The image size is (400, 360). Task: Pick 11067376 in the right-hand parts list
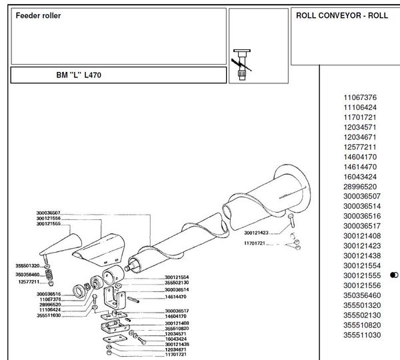point(360,97)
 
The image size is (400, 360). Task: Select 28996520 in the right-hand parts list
point(360,187)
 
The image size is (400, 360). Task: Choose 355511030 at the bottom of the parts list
point(362,335)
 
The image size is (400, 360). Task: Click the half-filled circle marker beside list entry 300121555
point(394,275)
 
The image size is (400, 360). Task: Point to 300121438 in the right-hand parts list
point(362,256)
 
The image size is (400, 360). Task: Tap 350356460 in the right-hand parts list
point(362,295)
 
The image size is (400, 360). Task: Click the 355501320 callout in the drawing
point(27,266)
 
